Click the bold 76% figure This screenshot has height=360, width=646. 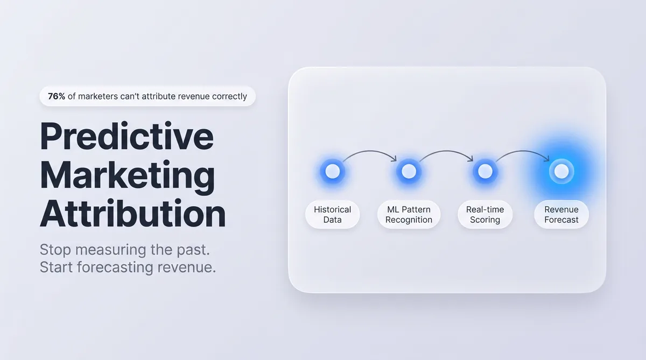click(x=57, y=96)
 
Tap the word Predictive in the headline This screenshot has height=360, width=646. click(x=127, y=136)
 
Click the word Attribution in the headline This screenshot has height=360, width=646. click(x=132, y=214)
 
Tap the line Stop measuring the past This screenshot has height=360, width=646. click(x=124, y=250)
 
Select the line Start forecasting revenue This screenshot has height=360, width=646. click(x=128, y=267)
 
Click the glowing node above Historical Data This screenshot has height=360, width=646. click(x=333, y=172)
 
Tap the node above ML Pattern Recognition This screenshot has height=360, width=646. click(x=409, y=172)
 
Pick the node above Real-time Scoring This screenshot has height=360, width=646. click(x=485, y=172)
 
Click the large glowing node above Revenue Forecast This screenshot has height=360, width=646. click(x=561, y=172)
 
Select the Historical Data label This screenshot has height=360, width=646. click(x=333, y=215)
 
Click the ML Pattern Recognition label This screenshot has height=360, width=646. click(x=409, y=215)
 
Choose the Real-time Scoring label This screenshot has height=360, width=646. click(x=485, y=215)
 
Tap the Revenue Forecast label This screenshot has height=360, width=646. click(x=561, y=215)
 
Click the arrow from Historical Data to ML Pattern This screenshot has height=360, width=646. click(x=370, y=151)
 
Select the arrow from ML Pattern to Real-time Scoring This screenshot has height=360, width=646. click(x=447, y=151)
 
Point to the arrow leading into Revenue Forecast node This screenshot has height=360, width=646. click(x=523, y=151)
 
